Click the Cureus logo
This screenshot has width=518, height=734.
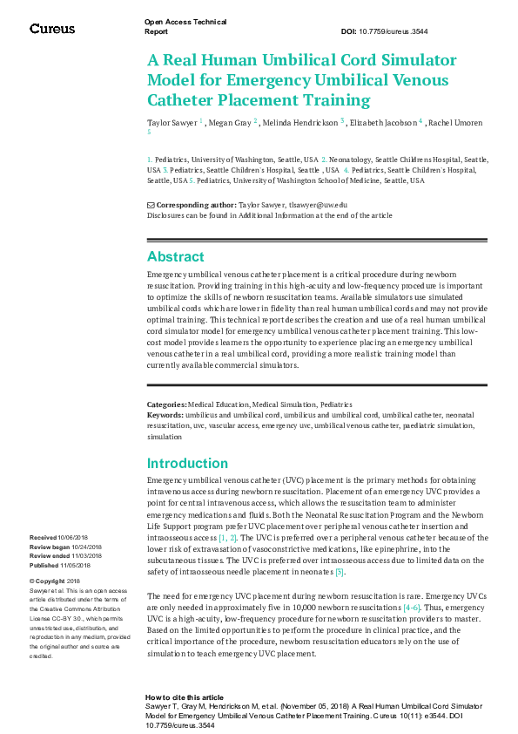point(52,29)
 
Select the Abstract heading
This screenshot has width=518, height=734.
point(176,257)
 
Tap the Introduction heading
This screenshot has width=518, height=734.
point(188,464)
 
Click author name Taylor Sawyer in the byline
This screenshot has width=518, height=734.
point(172,124)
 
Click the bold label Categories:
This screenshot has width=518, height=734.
point(167,405)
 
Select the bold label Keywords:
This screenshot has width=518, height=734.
point(165,416)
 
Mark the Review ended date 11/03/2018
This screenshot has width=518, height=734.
point(84,556)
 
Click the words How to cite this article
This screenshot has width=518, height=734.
point(185,697)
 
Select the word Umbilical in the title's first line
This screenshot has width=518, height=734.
point(330,60)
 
